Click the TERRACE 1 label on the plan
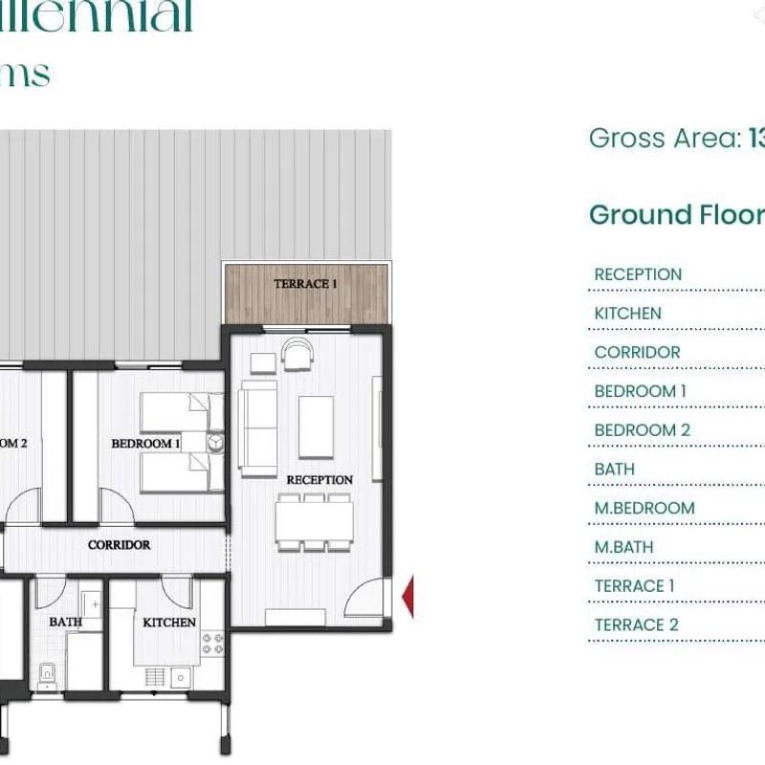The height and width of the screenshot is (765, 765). tap(306, 284)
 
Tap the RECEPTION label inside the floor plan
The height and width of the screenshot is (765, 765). tap(319, 479)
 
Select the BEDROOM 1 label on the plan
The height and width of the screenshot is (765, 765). tap(145, 444)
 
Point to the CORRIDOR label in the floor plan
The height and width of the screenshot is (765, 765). tap(119, 545)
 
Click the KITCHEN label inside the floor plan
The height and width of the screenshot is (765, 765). tap(169, 623)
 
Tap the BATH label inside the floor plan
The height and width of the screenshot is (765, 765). tap(65, 623)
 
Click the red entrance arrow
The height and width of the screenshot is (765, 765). tap(407, 596)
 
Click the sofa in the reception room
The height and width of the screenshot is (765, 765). tap(257, 427)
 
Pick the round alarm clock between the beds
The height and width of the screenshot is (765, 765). tap(215, 442)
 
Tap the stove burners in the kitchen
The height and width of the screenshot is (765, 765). tap(212, 644)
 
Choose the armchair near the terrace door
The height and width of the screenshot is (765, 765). tap(297, 357)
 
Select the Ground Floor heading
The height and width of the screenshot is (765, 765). tap(675, 215)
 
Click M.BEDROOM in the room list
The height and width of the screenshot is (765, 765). tap(644, 509)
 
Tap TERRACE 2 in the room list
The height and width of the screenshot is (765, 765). tap(636, 625)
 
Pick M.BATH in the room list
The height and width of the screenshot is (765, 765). tap(623, 547)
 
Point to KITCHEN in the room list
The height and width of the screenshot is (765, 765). tap(627, 314)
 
